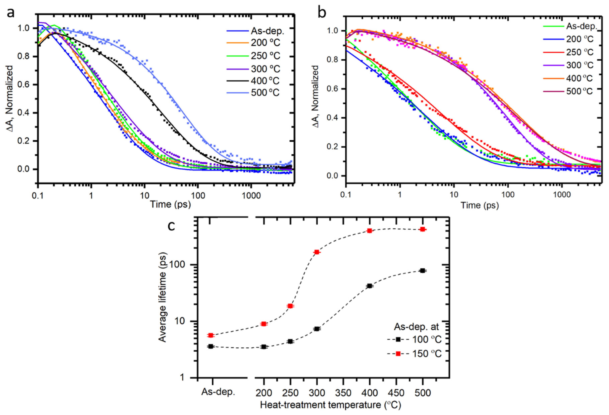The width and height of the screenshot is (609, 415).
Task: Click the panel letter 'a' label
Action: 11,13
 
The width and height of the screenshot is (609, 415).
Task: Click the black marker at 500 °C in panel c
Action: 422,271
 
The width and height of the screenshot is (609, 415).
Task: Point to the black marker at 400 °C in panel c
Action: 370,286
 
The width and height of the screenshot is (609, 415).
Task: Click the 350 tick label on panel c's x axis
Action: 343,393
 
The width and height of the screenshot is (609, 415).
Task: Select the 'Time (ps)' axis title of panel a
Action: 170,204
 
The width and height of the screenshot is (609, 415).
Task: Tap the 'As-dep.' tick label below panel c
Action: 218,392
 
